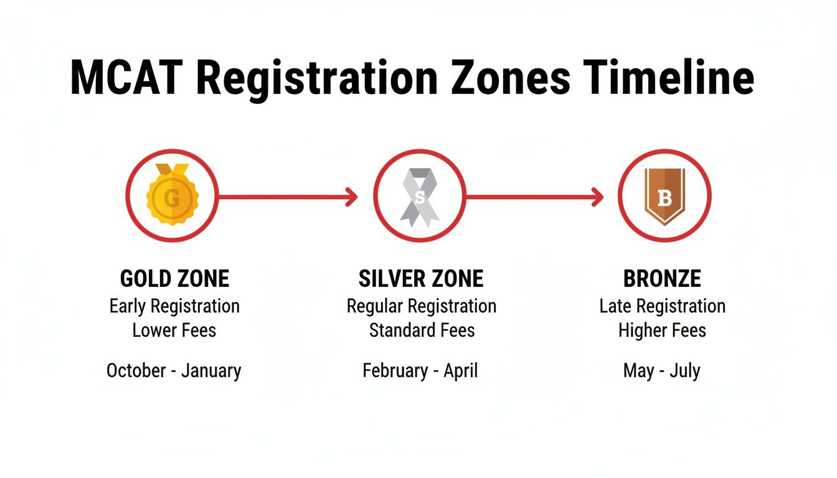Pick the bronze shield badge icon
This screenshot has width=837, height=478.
click(x=664, y=196)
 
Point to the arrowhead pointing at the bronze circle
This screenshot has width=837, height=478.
click(x=598, y=197)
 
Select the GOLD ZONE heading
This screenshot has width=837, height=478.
click(x=174, y=278)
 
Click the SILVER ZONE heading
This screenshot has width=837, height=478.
click(x=421, y=278)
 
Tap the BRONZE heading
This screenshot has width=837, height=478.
click(x=662, y=278)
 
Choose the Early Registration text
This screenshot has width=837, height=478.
click(x=174, y=306)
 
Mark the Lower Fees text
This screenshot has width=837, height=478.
click(x=174, y=330)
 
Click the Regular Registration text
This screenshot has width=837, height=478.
click(x=422, y=306)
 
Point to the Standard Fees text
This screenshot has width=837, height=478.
click(x=422, y=330)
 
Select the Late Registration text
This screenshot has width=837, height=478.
click(x=662, y=306)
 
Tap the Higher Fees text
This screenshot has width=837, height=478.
click(x=662, y=330)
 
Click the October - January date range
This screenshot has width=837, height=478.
click(x=174, y=371)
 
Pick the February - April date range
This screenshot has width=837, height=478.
click(x=420, y=371)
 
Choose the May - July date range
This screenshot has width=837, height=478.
click(x=661, y=371)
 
